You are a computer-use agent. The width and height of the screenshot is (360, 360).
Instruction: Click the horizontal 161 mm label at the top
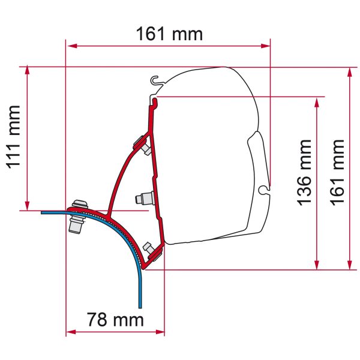coord(169,34)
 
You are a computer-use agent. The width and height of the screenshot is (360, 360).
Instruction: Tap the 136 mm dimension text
coord(304,172)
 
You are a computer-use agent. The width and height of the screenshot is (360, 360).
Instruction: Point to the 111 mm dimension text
coord(13,137)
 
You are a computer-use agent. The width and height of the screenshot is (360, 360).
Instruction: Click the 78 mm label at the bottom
coord(115,320)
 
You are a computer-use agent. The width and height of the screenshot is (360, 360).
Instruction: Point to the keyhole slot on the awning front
coord(263,190)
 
